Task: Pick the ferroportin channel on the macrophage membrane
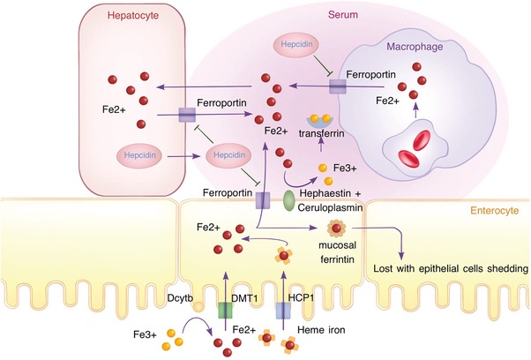(x=339, y=85)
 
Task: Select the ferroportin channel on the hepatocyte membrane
(x=187, y=115)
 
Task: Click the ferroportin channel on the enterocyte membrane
(x=262, y=200)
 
